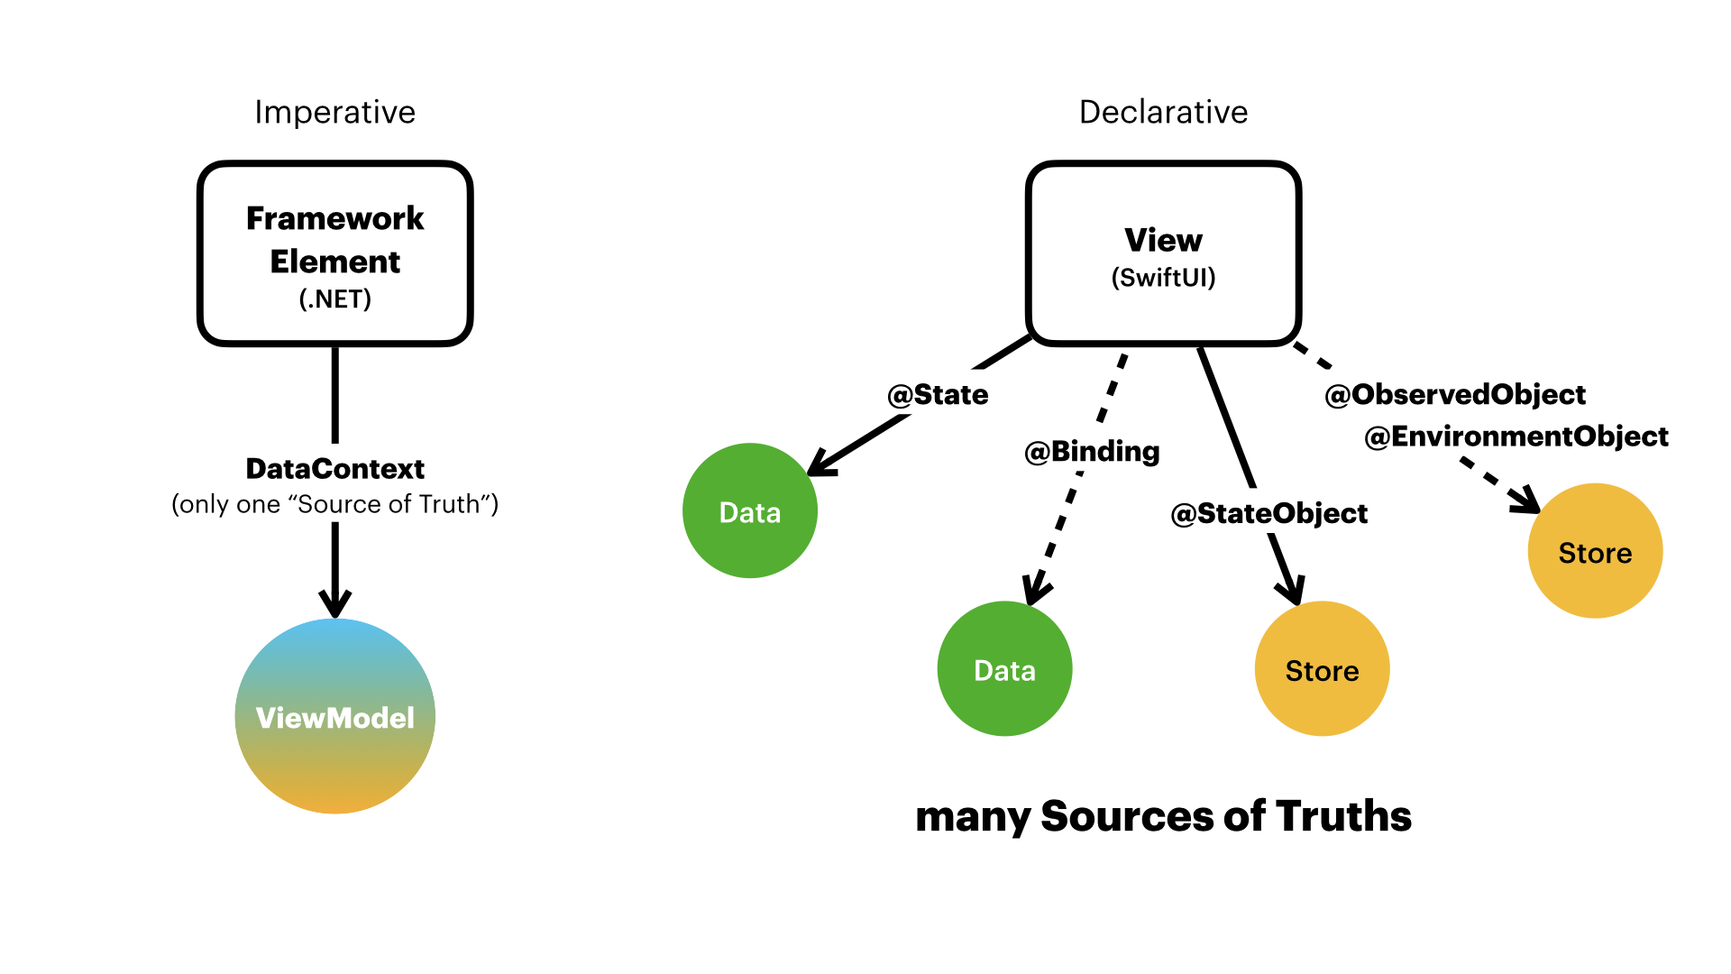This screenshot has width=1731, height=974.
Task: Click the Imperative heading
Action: coord(334,112)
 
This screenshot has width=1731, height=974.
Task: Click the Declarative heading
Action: coord(1163,112)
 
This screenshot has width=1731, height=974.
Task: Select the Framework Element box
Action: coord(334,253)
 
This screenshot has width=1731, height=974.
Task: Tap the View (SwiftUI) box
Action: coord(1163,253)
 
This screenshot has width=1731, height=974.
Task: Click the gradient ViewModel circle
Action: coord(334,717)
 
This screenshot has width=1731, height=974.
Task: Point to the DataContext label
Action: coord(334,469)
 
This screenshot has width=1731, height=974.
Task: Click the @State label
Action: coord(938,395)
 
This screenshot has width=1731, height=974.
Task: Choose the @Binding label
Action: coord(1092,451)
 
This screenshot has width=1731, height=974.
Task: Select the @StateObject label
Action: coord(1268,513)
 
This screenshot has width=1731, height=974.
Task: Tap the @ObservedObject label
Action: coord(1455,394)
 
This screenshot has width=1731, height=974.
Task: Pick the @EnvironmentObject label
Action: coord(1516,436)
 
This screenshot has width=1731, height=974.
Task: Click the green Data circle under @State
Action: coord(750,511)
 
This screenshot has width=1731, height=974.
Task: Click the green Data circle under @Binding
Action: coord(1004,669)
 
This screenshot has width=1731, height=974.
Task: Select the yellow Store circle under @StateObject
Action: coord(1322,669)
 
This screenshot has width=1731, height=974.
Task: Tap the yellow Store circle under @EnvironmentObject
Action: coord(1595,551)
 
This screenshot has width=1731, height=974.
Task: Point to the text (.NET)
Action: coord(334,299)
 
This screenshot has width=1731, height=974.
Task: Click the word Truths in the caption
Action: coord(1343,816)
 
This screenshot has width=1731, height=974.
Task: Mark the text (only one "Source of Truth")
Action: coord(334,504)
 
